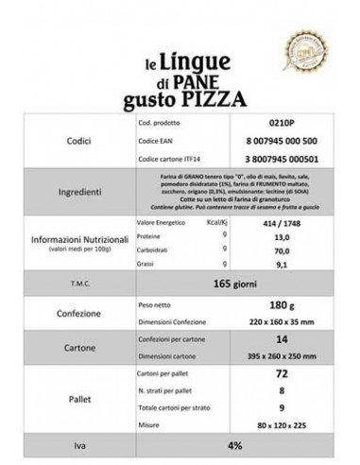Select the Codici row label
[66, 138]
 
